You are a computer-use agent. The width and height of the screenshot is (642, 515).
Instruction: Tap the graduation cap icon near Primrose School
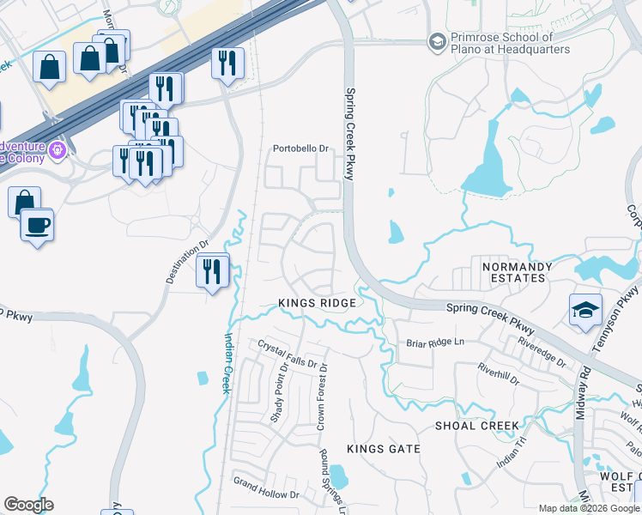[x=437, y=41]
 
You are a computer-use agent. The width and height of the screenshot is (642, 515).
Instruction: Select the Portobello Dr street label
[x=301, y=148]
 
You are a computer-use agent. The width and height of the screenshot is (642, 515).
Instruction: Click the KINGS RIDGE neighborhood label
[x=316, y=304]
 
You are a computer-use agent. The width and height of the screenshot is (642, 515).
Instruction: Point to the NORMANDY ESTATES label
[x=513, y=272]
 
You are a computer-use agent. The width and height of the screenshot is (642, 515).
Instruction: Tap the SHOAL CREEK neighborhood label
[x=476, y=426]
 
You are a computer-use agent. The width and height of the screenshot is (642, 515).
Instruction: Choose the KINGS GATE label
[x=384, y=449]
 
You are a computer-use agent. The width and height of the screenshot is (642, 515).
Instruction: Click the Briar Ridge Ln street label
[x=434, y=342]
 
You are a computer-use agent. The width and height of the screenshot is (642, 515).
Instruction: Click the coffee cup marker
[x=37, y=226]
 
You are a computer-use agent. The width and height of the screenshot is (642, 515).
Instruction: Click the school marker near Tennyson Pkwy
[x=585, y=311]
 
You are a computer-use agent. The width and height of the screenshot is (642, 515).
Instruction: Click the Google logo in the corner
[x=28, y=505]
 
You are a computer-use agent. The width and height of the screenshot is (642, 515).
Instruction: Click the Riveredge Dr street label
[x=542, y=351]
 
